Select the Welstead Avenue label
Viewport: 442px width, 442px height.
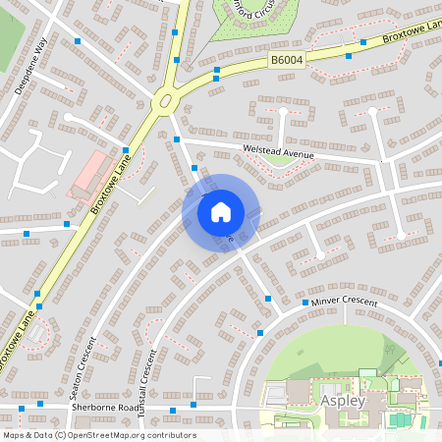279,153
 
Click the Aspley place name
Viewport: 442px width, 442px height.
343,402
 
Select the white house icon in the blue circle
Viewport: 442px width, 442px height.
221,210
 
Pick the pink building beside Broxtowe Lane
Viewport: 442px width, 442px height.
89,173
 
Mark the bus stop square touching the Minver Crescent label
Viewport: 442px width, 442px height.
305,304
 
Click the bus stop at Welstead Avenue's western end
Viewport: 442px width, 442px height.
177,140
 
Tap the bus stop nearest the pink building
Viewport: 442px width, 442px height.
67,224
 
